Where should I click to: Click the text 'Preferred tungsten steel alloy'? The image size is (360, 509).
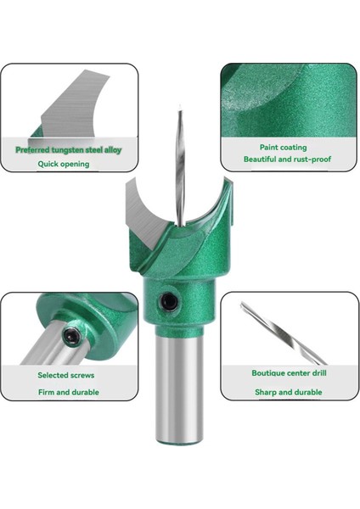point(70,149)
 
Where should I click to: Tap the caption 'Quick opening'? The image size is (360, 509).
point(64,164)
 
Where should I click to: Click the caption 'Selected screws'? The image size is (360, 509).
point(66,374)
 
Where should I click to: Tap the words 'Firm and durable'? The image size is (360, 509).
point(68,392)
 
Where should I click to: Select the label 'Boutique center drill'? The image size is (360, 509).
point(289,372)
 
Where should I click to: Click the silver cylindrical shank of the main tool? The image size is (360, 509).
point(179,382)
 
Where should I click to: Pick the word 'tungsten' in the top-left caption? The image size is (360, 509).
point(71,149)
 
